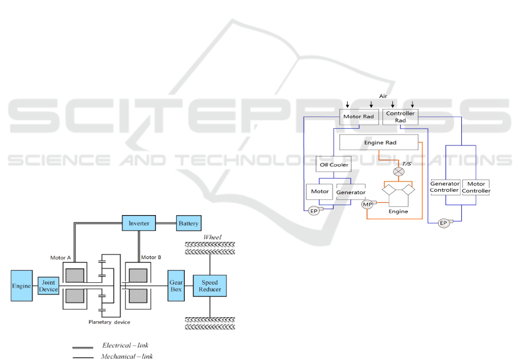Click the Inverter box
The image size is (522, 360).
pyautogui.click(x=139, y=223)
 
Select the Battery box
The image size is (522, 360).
pyautogui.click(x=188, y=223)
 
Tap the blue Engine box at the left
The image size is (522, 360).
pyautogui.click(x=21, y=286)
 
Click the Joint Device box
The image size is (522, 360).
pyautogui.click(x=48, y=286)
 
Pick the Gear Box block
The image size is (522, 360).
pyautogui.click(x=176, y=285)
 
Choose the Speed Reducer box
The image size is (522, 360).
pyautogui.click(x=210, y=285)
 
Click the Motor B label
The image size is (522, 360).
pyautogui.click(x=151, y=257)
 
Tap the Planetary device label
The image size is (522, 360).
pyautogui.click(x=109, y=322)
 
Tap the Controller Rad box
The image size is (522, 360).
pyautogui.click(x=400, y=117)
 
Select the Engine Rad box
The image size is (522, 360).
pyautogui.click(x=379, y=142)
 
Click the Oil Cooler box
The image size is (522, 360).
pyautogui.click(x=333, y=165)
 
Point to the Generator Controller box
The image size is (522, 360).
pyautogui.click(x=444, y=187)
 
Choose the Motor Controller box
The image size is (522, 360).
pyautogui.click(x=476, y=187)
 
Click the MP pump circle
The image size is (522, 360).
pyautogui.click(x=367, y=204)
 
